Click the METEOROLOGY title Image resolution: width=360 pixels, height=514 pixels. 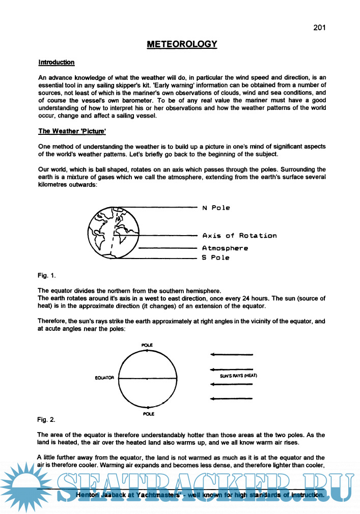[x=182, y=44]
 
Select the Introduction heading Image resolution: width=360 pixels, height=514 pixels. [x=57, y=62]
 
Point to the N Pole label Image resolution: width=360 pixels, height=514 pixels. [x=216, y=208]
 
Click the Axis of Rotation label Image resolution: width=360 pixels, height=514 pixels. [x=239, y=236]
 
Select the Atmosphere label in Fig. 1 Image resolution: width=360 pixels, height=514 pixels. [x=225, y=248]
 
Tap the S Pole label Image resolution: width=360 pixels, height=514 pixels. [x=215, y=258]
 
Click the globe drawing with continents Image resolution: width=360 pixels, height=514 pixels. [x=113, y=232]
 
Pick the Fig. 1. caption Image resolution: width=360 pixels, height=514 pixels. [x=46, y=275]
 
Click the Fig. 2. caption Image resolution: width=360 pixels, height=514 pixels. [x=46, y=420]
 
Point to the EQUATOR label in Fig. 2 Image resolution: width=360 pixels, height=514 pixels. [x=104, y=378]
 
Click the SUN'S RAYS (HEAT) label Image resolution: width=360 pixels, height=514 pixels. [x=239, y=376]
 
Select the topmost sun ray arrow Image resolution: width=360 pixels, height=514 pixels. [x=231, y=355]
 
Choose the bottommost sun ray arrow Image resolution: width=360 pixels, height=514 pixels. [x=231, y=398]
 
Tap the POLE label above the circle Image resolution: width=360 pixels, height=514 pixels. [x=147, y=346]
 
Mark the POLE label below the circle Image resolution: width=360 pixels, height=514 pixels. [x=148, y=414]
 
